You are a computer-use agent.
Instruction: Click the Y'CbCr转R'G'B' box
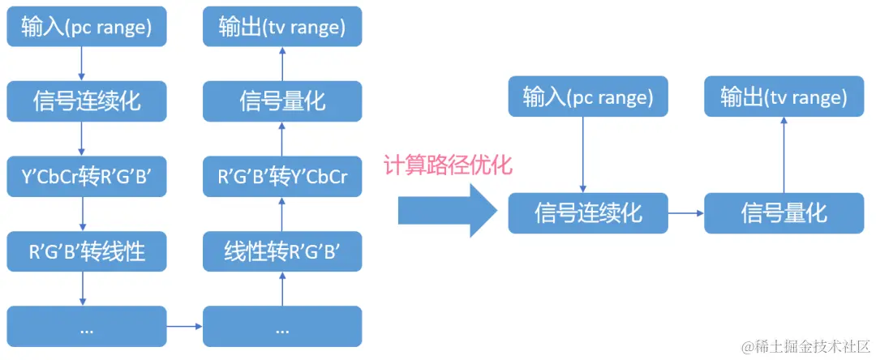87,177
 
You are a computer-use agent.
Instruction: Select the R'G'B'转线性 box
87,251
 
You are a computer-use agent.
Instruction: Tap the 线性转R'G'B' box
282,251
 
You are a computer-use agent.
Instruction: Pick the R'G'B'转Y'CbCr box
282,177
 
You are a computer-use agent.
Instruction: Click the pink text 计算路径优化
448,165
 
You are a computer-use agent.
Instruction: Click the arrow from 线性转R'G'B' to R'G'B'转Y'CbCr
282,214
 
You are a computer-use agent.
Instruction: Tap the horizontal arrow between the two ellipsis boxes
184,326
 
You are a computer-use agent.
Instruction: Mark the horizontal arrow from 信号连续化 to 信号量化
686,213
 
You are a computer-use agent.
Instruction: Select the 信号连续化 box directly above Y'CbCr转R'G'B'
87,101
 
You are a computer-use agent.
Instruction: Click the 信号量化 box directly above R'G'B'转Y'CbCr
282,101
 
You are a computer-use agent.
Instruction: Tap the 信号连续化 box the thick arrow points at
588,213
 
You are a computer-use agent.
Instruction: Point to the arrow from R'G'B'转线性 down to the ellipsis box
82,289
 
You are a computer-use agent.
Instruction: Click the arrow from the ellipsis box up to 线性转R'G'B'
282,289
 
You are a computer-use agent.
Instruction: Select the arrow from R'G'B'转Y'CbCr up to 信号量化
282,139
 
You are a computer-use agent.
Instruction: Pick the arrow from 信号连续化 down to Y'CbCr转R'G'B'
82,139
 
